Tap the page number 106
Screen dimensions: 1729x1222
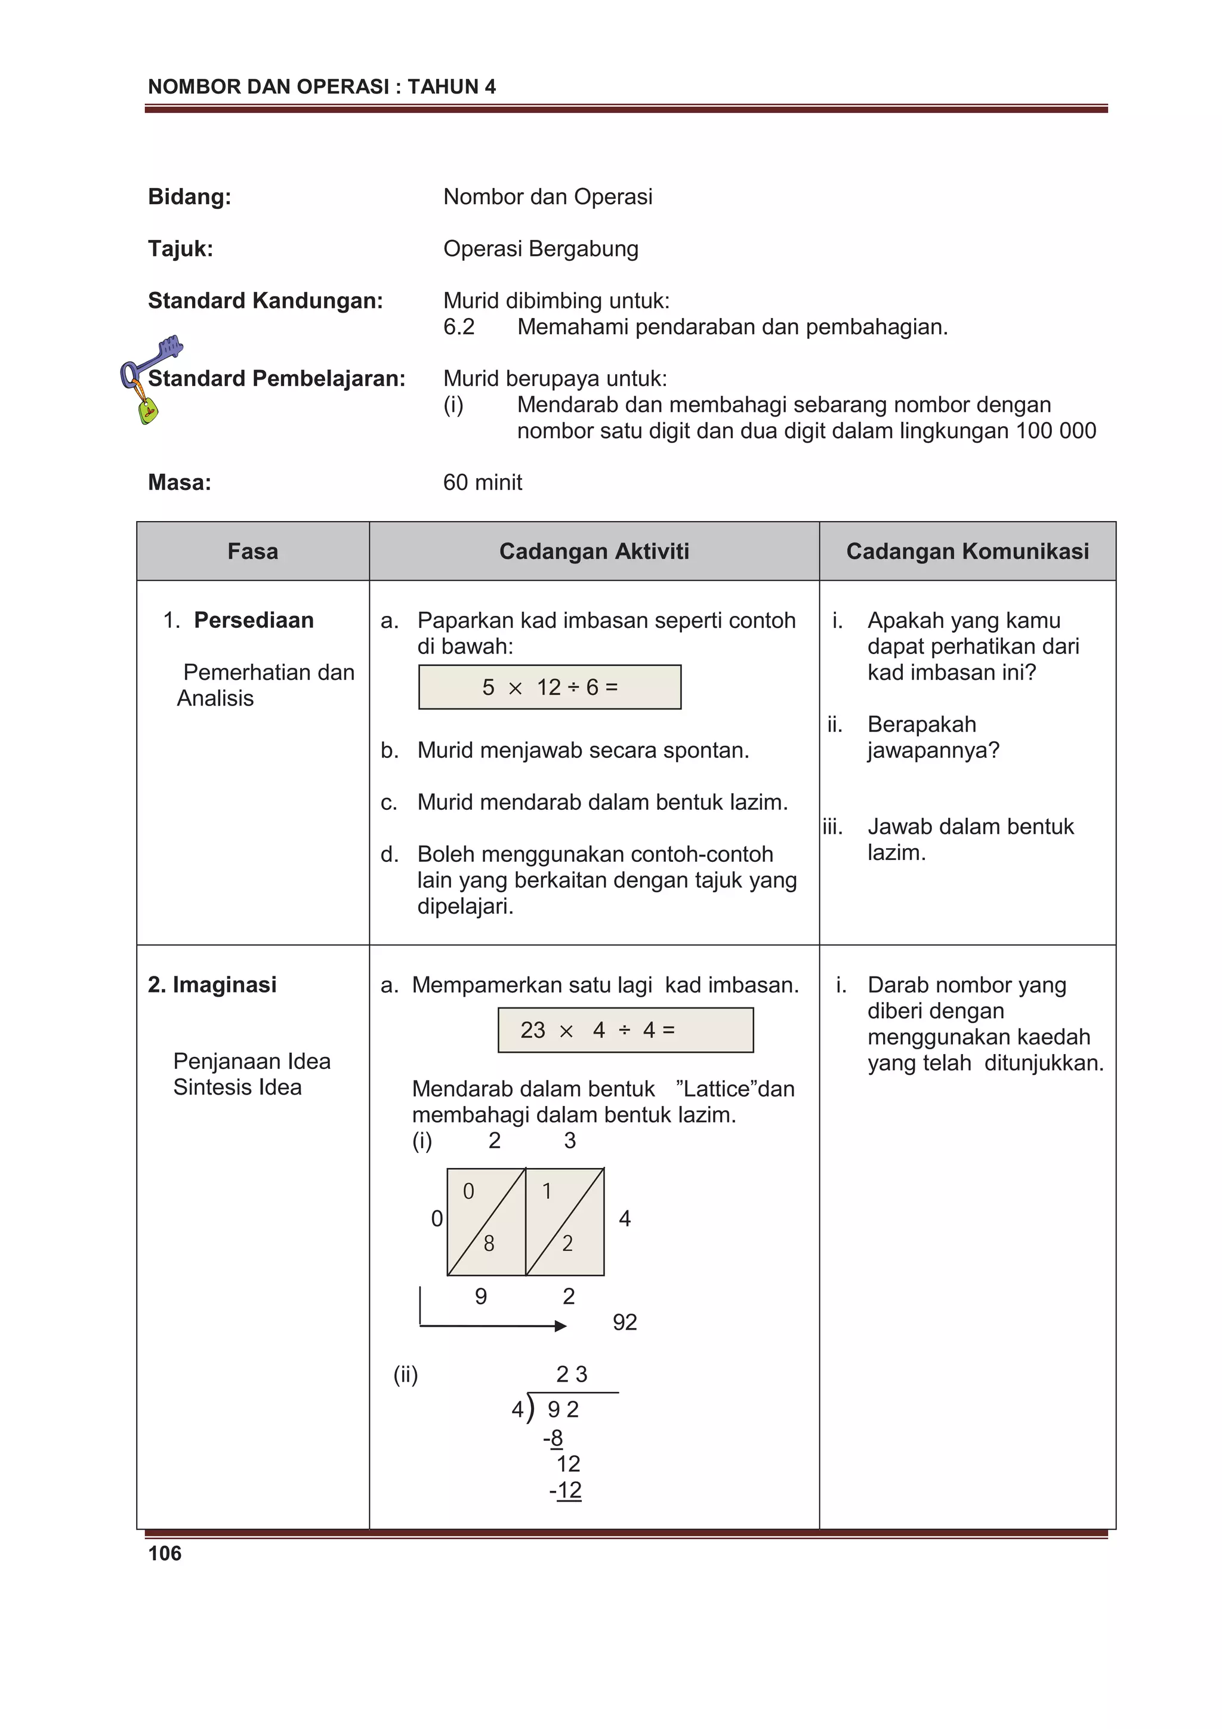[164, 1553]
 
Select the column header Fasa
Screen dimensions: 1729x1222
[252, 551]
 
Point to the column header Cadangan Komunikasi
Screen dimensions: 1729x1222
[967, 551]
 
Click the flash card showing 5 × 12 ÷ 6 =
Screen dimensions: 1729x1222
[550, 687]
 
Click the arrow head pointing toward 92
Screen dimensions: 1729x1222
[560, 1326]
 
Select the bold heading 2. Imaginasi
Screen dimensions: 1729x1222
[212, 984]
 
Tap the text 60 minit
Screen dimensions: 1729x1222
[482, 482]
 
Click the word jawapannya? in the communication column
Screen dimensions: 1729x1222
[933, 750]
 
